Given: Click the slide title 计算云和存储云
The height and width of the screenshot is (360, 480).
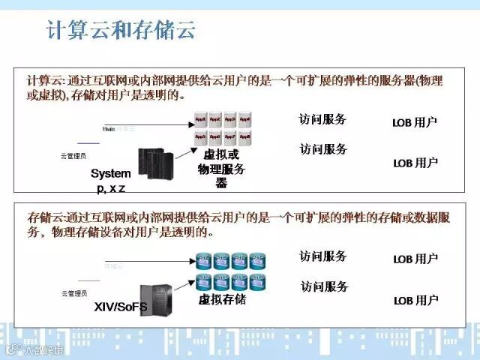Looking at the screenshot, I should tap(121, 30).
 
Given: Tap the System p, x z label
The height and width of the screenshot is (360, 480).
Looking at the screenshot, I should tap(110, 180).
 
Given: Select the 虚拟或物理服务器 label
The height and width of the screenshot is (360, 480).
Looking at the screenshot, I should tap(221, 169).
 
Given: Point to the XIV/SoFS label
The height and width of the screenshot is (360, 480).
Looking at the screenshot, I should tap(121, 307).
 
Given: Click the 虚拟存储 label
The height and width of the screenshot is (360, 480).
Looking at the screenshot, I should tap(222, 300).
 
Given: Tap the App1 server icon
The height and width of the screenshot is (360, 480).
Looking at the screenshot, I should tap(200, 119).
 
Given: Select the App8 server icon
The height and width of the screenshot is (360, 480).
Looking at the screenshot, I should tap(245, 136).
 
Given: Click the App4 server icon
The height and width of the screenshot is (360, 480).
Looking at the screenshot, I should tap(245, 119).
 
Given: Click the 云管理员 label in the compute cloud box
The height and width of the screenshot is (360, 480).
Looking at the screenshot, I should tap(73, 156).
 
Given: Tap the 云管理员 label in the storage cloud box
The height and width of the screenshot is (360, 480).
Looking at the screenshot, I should tap(73, 293).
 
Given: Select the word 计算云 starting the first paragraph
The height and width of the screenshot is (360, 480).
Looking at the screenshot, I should tap(40, 80).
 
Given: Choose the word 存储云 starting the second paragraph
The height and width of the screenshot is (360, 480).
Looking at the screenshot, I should tap(40, 217).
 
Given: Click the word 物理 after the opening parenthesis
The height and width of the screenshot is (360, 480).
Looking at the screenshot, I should tap(430, 80).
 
